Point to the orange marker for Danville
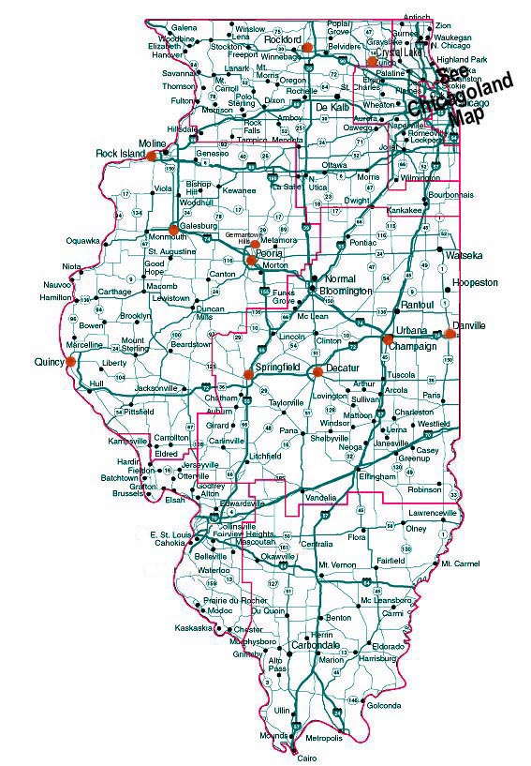pos(450,333)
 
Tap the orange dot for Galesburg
pos(173,228)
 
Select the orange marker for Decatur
pos(317,371)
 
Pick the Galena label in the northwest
pos(184,29)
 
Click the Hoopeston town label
pos(474,282)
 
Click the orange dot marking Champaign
pos(388,338)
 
